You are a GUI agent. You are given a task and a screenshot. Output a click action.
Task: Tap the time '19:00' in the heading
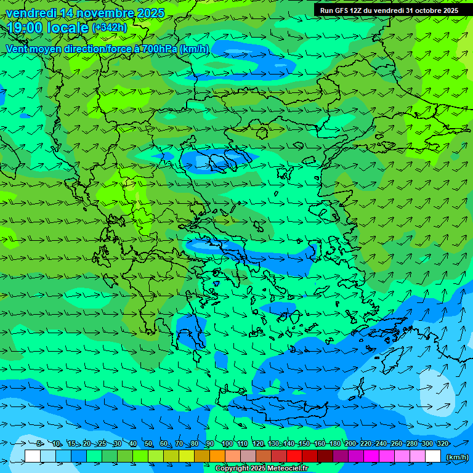[25, 28]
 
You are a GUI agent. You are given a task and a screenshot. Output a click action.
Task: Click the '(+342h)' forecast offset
[110, 28]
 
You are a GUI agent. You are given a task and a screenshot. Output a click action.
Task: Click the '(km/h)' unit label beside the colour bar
[457, 457]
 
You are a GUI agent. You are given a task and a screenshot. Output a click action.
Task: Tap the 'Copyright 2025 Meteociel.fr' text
[262, 469]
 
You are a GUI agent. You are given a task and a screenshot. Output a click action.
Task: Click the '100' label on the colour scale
[227, 444]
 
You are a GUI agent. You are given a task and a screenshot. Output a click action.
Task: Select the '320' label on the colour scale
[442, 444]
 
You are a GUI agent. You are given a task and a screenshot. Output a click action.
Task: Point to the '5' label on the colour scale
[39, 444]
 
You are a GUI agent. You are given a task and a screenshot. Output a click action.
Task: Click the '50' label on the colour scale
[148, 444]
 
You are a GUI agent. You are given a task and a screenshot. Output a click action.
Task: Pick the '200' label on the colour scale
[350, 444]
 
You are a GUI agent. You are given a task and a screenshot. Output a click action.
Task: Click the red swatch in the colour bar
[294, 456]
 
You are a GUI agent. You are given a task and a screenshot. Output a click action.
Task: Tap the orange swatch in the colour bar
[217, 456]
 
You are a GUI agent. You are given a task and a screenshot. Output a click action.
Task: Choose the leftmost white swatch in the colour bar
[33, 456]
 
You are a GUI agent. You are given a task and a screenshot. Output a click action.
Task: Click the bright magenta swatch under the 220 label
[371, 456]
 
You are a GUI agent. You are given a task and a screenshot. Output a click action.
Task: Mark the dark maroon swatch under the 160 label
[325, 456]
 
